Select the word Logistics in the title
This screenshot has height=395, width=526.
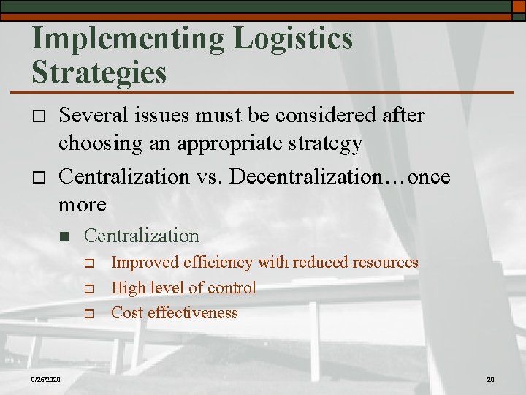293,39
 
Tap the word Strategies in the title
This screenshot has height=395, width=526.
99,73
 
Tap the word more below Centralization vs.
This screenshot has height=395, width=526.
82,204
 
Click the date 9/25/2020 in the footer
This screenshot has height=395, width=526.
46,378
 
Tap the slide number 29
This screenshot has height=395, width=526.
490,379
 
